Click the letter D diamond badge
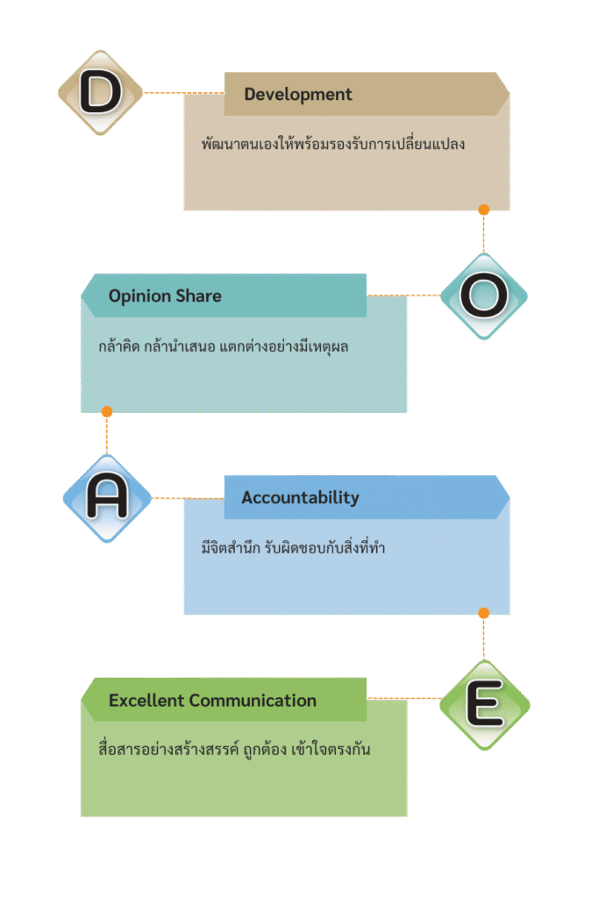[x=100, y=92]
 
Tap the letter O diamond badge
[x=483, y=296]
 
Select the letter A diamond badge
[x=107, y=498]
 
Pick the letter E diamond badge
[x=483, y=703]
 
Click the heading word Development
[x=298, y=95]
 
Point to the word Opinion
[x=139, y=296]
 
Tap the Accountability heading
[x=300, y=498]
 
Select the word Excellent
[x=146, y=701]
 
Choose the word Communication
[x=253, y=701]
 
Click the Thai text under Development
[x=332, y=144]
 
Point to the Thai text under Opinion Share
[x=224, y=346]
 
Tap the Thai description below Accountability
[x=293, y=549]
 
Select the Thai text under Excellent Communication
[x=235, y=752]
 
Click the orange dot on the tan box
[x=483, y=210]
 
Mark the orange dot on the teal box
[x=107, y=411]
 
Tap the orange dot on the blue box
[x=483, y=613]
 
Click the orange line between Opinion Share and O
[x=403, y=296]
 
